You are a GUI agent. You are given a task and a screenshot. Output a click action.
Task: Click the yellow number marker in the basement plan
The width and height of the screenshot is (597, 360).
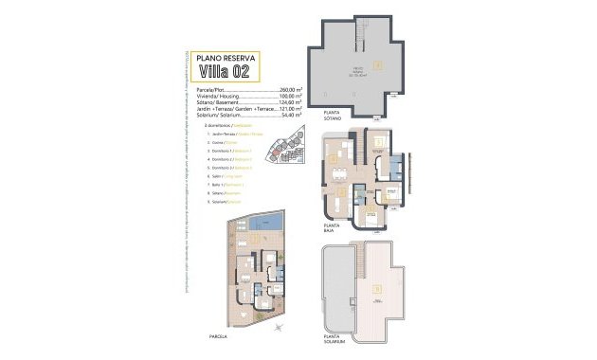378,64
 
